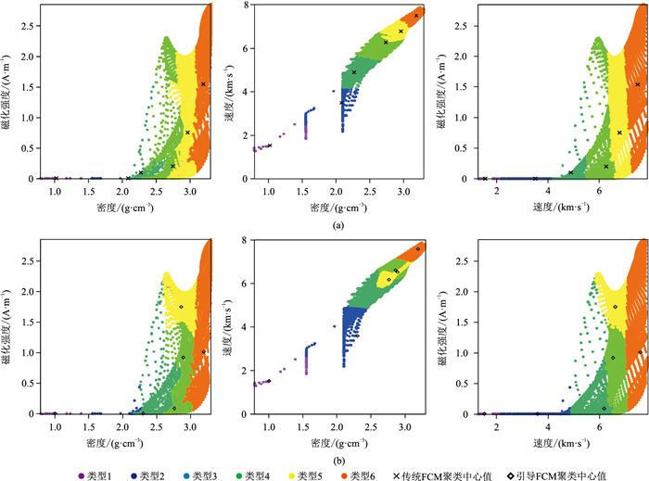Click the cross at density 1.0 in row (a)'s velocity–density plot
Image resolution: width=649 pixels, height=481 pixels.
coord(270,146)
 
